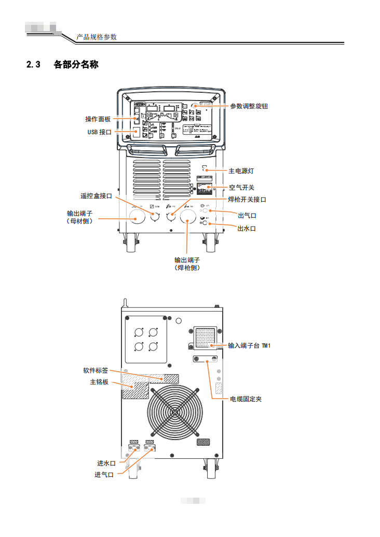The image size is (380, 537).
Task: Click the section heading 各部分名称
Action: click(x=76, y=65)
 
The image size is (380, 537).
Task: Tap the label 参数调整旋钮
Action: click(x=249, y=106)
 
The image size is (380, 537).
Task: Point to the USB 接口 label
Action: click(x=99, y=132)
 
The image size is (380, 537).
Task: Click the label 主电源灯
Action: click(x=241, y=171)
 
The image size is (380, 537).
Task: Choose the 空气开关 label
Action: click(x=242, y=187)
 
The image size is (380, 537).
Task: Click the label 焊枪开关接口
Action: click(x=247, y=200)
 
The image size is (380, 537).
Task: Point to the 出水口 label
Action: click(x=247, y=228)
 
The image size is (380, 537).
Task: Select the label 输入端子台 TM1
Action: click(x=250, y=345)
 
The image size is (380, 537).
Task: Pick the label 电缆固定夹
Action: click(x=246, y=399)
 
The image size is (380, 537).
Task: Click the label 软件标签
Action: click(x=96, y=371)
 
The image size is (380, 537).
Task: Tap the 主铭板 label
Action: click(x=99, y=382)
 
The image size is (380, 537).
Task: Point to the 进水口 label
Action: click(x=106, y=463)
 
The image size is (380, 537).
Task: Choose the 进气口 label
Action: click(x=104, y=475)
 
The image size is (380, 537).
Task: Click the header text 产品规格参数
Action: click(x=97, y=37)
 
